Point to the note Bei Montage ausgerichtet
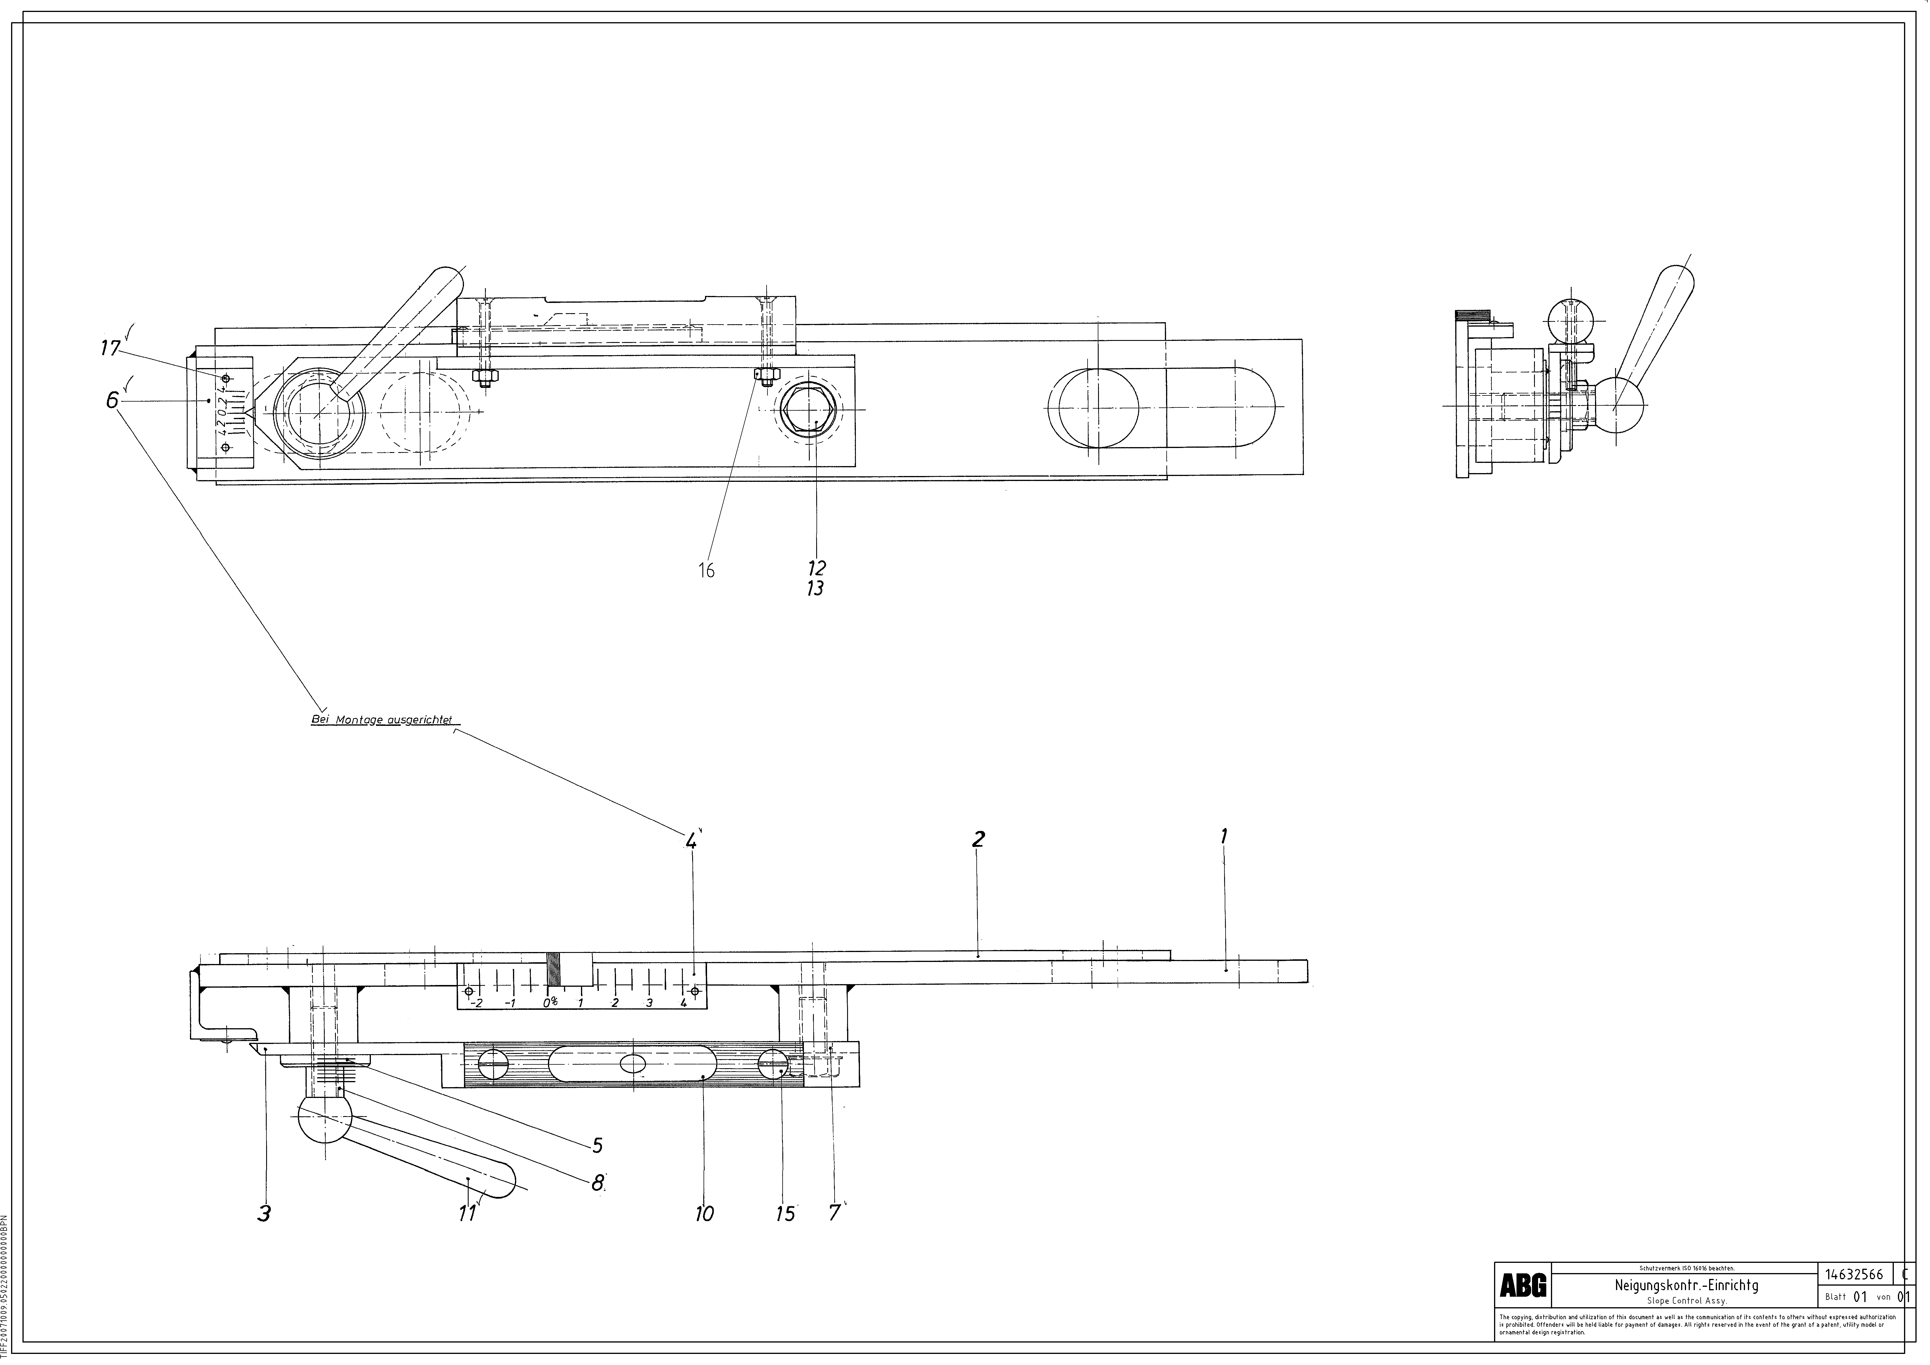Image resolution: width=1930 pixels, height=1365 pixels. point(382,720)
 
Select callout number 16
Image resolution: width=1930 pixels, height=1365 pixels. point(706,571)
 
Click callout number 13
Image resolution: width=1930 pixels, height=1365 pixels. point(814,588)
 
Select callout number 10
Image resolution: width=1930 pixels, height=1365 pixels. point(704,1213)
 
